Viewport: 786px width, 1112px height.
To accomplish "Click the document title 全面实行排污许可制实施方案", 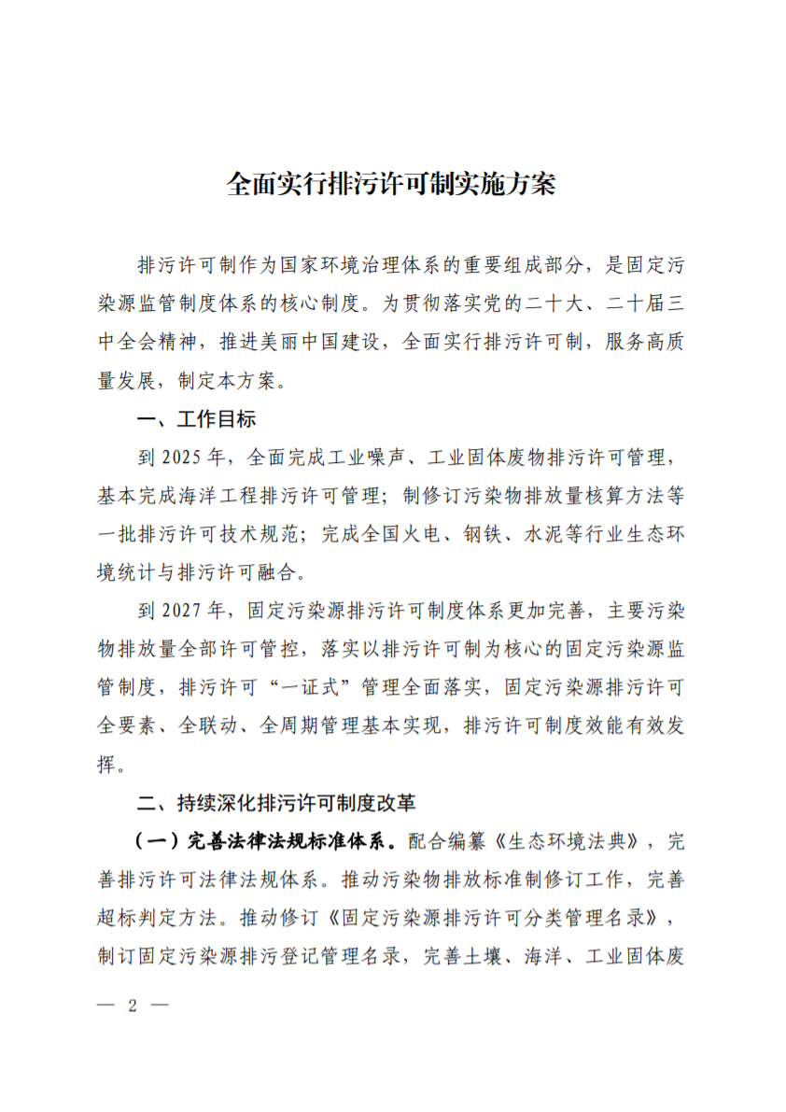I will point(391,184).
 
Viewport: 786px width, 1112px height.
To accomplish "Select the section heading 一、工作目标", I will point(196,419).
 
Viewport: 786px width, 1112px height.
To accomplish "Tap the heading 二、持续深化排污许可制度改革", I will point(276,802).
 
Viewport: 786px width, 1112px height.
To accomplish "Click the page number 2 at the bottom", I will point(133,1006).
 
